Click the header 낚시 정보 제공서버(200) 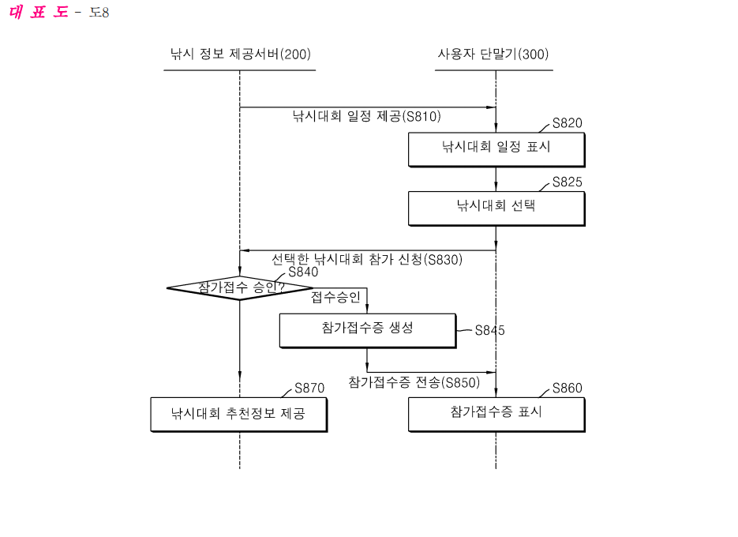click(x=240, y=54)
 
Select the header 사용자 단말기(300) click(x=493, y=54)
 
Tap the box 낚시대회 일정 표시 click(x=496, y=148)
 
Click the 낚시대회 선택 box click(x=496, y=208)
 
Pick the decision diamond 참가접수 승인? click(x=240, y=287)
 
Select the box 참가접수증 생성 click(x=367, y=329)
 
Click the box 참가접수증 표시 click(x=496, y=413)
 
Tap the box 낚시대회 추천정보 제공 click(x=238, y=413)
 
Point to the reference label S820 click(x=567, y=122)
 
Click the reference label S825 click(x=567, y=182)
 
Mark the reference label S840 click(x=303, y=272)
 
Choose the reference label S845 click(x=489, y=331)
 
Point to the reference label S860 click(x=567, y=388)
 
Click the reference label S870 click(x=309, y=388)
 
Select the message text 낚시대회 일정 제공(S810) click(x=366, y=116)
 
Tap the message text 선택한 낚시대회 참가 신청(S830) click(x=367, y=259)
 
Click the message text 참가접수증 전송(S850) click(x=414, y=382)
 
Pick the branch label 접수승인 click(x=335, y=298)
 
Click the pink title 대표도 click(x=39, y=12)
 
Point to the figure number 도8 click(x=99, y=13)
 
